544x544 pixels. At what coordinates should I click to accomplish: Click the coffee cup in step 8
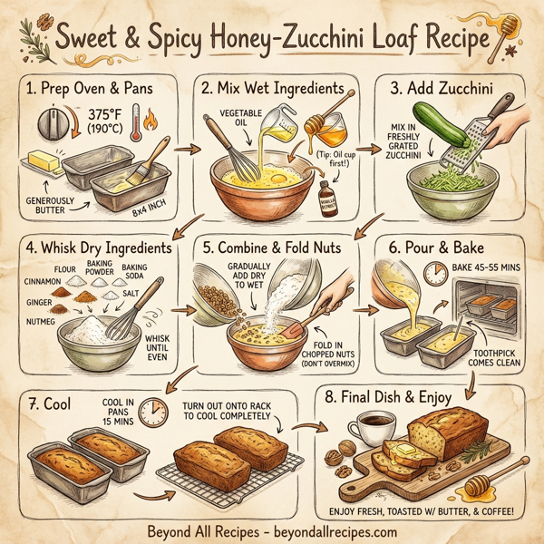pos(373,427)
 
